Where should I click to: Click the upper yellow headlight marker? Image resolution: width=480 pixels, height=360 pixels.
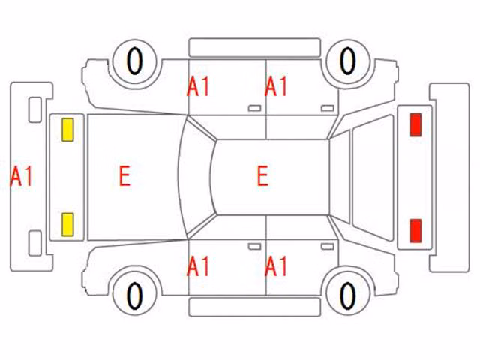coord(67,130)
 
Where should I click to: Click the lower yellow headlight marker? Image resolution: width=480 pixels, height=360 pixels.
coord(67,225)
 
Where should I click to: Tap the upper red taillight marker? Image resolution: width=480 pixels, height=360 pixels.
coord(415,124)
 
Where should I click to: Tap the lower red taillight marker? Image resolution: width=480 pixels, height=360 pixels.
coord(415,230)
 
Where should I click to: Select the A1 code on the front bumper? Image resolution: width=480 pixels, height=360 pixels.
coord(21,176)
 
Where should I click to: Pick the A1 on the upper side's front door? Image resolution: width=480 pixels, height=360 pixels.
coord(198,86)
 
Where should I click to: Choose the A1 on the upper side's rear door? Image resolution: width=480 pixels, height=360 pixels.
coord(276,86)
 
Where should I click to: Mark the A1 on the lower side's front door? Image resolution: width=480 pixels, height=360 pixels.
coord(198,266)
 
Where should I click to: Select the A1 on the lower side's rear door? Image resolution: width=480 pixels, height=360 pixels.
coord(276,266)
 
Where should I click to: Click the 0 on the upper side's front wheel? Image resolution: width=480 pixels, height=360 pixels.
coord(135,61)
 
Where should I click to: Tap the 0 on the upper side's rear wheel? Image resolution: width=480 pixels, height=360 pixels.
coord(348,61)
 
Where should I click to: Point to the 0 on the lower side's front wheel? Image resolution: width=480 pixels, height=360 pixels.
coord(135,295)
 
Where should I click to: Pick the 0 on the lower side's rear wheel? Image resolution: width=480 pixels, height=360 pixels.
coord(348,295)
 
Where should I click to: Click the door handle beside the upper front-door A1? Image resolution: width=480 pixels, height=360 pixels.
coord(254,108)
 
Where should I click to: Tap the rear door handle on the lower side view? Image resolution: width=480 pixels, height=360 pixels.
coord(327,247)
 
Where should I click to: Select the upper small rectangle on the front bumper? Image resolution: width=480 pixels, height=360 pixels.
coord(35,110)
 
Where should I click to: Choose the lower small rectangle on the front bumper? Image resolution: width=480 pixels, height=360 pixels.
coord(35,243)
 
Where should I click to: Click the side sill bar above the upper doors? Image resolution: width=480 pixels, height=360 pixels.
coord(255,47)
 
